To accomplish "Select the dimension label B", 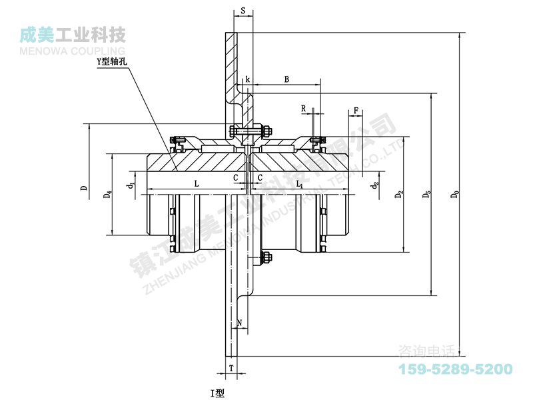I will click(286, 79).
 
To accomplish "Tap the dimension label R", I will click(303, 108).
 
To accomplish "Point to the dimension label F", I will click(356, 109).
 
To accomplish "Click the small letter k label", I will click(247, 79).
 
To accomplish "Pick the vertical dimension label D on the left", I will click(84, 188).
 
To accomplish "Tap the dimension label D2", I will click(400, 195).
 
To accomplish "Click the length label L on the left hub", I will click(196, 183).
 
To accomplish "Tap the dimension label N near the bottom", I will click(240, 322).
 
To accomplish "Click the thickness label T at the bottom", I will click(231, 368).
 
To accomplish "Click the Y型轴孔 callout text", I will click(112, 61).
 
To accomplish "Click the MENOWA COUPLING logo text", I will click(73, 50).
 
